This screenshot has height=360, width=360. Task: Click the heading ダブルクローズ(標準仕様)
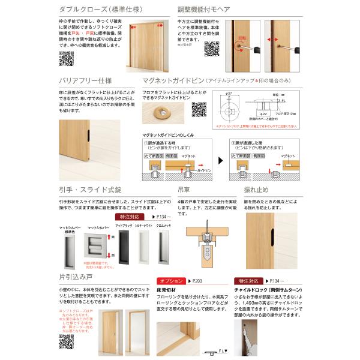[100, 10]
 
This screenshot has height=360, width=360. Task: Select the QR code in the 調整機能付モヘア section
[212, 49]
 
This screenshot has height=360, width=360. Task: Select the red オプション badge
[171, 281]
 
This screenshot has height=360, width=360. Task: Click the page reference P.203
[197, 281]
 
